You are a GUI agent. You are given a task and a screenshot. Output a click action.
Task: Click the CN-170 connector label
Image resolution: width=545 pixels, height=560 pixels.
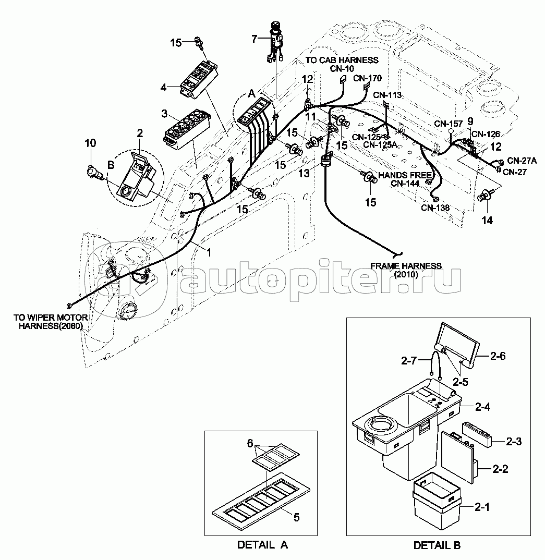[x=368, y=78]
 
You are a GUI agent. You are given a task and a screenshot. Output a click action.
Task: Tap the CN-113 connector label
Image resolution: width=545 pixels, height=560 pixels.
[x=387, y=95]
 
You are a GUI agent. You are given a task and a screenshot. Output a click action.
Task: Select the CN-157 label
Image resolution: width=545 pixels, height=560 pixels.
[x=449, y=124]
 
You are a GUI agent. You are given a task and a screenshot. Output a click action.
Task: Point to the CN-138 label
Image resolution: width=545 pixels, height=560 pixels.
[x=435, y=208]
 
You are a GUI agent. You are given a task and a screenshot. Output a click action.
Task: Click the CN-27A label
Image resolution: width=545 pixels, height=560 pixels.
[x=522, y=161]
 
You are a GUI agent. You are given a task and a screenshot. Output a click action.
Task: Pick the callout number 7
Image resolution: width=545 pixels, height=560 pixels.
[x=255, y=39]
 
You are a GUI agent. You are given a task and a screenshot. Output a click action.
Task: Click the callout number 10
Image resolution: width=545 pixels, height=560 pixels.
[x=90, y=143]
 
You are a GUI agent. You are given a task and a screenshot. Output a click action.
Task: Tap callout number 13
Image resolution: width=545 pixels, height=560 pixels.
[x=304, y=173]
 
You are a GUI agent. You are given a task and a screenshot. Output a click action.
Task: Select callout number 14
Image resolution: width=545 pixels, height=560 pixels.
[x=487, y=221]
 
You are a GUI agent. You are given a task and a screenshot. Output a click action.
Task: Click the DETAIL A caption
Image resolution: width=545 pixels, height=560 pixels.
[x=262, y=545]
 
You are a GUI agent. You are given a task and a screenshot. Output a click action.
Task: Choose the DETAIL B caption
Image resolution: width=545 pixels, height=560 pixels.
[x=437, y=545]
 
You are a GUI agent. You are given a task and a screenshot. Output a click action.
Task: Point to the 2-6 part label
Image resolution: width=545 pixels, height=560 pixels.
[x=498, y=356]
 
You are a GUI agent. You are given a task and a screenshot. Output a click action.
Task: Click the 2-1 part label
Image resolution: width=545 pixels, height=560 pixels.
[x=482, y=507]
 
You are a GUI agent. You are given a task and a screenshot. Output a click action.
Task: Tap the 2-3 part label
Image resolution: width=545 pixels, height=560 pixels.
[x=514, y=442]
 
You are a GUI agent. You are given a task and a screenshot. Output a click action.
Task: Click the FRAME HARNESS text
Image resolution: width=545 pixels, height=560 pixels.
[x=406, y=266]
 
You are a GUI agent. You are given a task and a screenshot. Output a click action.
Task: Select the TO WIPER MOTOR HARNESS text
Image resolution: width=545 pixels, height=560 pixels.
[x=51, y=322]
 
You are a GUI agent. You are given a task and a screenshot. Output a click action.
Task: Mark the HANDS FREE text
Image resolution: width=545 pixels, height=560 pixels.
[x=405, y=175]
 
